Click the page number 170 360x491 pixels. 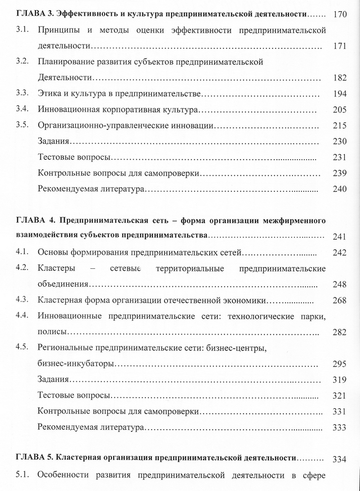[x=339, y=13]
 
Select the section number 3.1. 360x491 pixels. [x=22, y=29]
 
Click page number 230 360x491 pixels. [x=339, y=141]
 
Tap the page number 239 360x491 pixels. [x=339, y=173]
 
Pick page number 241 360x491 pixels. [x=339, y=237]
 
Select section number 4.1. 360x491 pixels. [x=22, y=252]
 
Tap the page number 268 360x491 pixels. [x=339, y=300]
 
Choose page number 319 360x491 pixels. [x=339, y=380]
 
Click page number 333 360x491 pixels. [x=339, y=427]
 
